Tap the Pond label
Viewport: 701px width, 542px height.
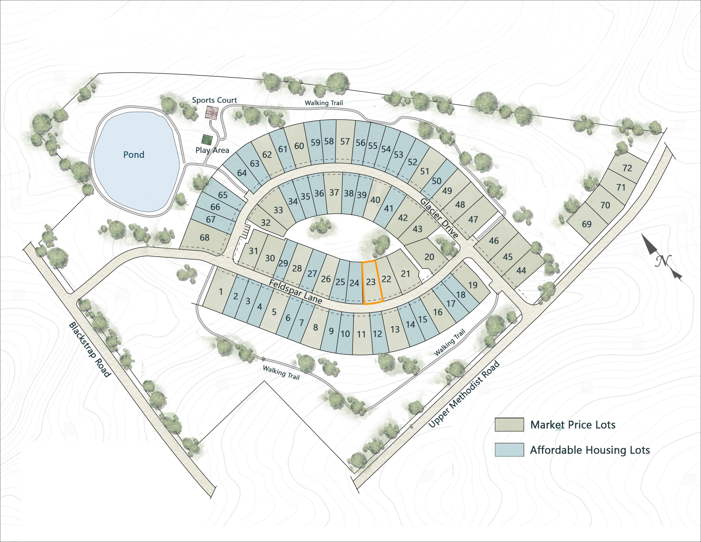point(134,155)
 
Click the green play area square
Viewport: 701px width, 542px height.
point(207,140)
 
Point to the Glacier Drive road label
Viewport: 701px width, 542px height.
point(439,218)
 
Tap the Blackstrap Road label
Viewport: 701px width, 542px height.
point(90,349)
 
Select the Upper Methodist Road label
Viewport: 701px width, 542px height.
point(464,394)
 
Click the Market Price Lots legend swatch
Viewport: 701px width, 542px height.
point(509,424)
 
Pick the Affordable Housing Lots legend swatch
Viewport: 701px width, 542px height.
point(509,450)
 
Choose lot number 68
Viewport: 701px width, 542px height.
point(204,238)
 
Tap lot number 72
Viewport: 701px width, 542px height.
point(627,168)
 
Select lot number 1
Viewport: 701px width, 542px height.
point(221,292)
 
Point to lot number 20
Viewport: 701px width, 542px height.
point(429,257)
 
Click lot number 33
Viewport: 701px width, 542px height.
point(278,210)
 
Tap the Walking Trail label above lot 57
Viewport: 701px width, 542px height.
point(324,103)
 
